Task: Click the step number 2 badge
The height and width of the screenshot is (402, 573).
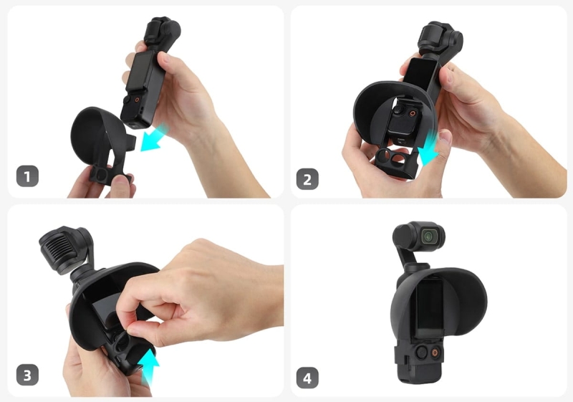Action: [x=307, y=178]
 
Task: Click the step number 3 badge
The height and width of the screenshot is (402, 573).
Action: [x=27, y=374]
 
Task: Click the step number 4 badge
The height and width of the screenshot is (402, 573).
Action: [x=307, y=377]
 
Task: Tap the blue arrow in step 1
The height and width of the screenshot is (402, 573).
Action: [x=153, y=138]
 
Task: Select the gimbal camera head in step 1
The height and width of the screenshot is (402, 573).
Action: [x=159, y=29]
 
